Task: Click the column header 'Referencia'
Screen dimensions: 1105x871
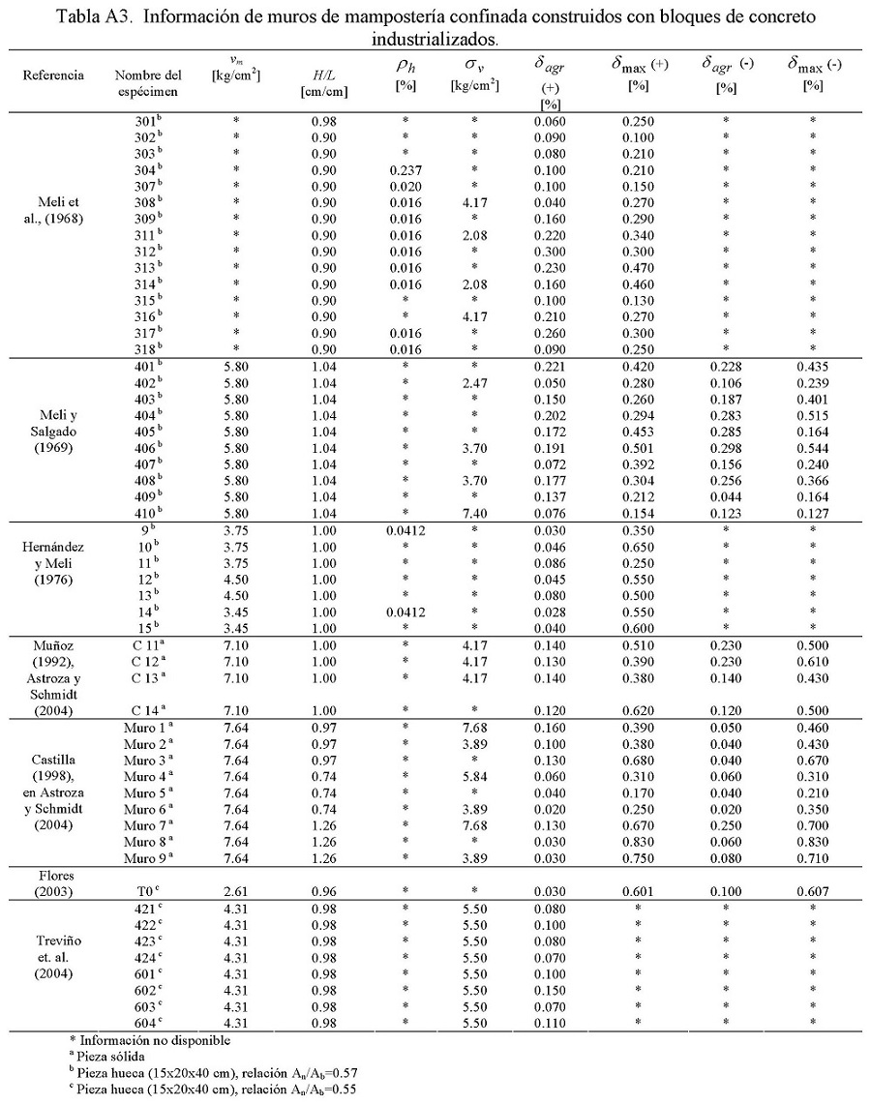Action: [53, 75]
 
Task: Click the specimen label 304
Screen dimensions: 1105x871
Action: [146, 168]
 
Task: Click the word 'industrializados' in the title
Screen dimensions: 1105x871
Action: [435, 40]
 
